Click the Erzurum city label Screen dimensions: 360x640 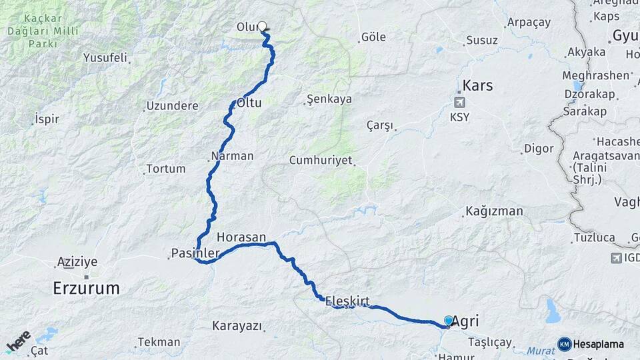coord(87,288)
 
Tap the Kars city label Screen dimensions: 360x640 coord(477,85)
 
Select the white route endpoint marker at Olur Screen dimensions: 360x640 coord(262,27)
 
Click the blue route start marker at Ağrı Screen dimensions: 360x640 coord(448,321)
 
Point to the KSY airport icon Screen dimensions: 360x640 coord(459,102)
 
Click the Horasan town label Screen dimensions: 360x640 coord(241,237)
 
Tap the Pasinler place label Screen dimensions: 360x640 coord(195,253)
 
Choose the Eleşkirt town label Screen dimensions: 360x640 coord(347,301)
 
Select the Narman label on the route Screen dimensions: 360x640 coord(232,156)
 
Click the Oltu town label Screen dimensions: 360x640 coord(249,103)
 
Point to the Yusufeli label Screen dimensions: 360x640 coord(105,58)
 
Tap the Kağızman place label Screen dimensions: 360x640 coord(494,212)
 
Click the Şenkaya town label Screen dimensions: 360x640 coord(329,99)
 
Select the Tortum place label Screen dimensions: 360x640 coord(165,169)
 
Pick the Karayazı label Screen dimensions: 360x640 coord(237,326)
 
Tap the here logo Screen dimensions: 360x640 coord(19,341)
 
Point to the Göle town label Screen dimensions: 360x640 coord(373,37)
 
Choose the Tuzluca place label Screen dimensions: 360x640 coord(593,237)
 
